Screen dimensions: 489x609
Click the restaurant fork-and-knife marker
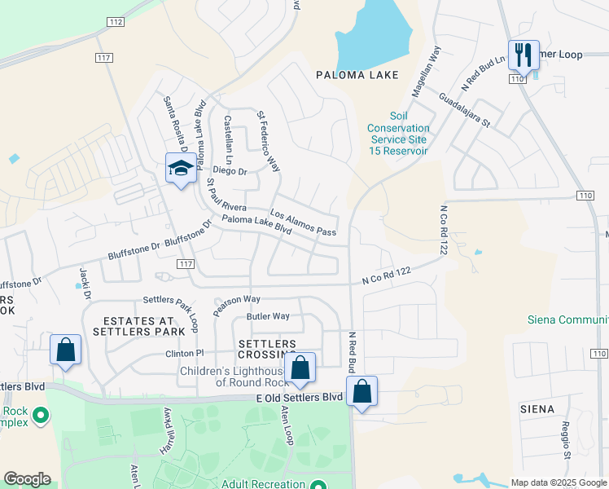coord(522,56)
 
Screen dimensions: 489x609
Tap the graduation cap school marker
coord(181,169)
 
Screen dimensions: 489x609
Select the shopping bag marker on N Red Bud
coord(361,391)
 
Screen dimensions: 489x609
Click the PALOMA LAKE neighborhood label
coord(357,75)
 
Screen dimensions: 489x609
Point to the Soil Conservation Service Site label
coord(398,134)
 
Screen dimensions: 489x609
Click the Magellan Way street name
coord(426,72)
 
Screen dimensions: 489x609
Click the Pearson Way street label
coord(237,304)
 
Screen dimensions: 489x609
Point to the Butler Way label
coord(268,316)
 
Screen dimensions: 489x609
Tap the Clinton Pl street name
coord(183,353)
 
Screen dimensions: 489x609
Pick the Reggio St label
coord(565,438)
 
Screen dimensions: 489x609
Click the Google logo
coord(27,479)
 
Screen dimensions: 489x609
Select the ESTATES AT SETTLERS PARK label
coord(133,326)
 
